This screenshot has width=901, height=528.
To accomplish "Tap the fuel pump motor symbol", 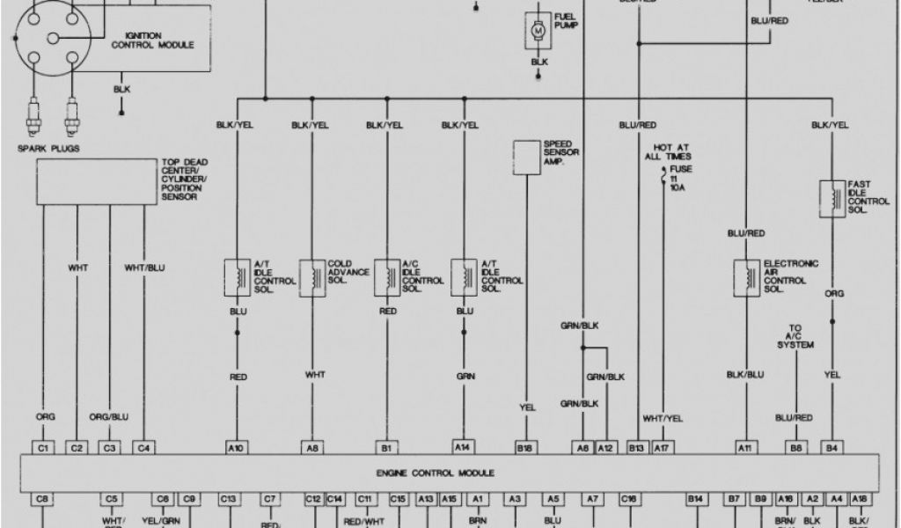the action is click(x=535, y=32).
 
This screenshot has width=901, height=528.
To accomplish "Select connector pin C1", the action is click(x=41, y=448).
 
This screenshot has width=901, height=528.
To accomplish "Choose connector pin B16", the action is click(x=526, y=448).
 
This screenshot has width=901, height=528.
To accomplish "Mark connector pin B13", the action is click(x=636, y=448).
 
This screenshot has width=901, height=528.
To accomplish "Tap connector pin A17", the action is click(x=662, y=448).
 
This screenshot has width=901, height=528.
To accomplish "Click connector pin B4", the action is click(x=831, y=448).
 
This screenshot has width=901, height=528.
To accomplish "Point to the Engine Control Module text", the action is click(x=449, y=473).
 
